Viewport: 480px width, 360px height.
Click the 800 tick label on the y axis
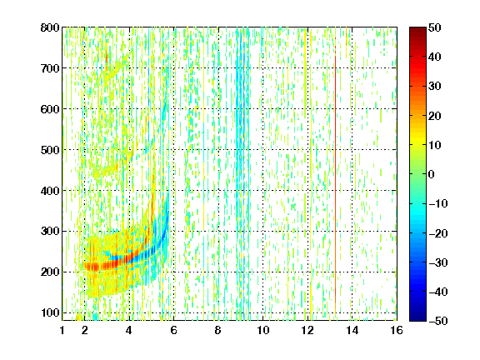pyautogui.click(x=50, y=27)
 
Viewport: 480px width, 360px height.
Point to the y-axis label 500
pyautogui.click(x=50, y=150)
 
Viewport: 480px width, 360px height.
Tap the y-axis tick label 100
pyautogui.click(x=50, y=312)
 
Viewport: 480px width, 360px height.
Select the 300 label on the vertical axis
pyautogui.click(x=50, y=231)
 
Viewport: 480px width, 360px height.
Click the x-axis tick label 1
pyautogui.click(x=62, y=330)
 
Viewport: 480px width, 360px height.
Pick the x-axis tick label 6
pyautogui.click(x=173, y=330)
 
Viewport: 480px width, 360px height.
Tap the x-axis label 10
pyautogui.click(x=262, y=330)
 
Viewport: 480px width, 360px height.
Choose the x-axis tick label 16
pyautogui.click(x=397, y=330)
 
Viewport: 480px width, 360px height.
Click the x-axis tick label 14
pyautogui.click(x=352, y=330)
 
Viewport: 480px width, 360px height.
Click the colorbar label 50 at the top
pyautogui.click(x=435, y=27)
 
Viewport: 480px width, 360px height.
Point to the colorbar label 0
pyautogui.click(x=432, y=174)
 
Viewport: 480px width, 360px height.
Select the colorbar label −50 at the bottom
pyautogui.click(x=438, y=321)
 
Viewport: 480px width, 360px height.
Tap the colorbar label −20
pyautogui.click(x=438, y=233)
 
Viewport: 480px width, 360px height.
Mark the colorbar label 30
pyautogui.click(x=435, y=87)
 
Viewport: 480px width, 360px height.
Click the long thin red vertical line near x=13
pyautogui.click(x=336, y=174)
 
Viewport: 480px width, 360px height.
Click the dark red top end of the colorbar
pyautogui.click(x=417, y=30)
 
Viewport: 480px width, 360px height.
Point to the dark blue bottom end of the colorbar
pyautogui.click(x=417, y=318)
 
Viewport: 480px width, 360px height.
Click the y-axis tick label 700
pyautogui.click(x=50, y=68)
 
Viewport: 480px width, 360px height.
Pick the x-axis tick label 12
pyautogui.click(x=307, y=330)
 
